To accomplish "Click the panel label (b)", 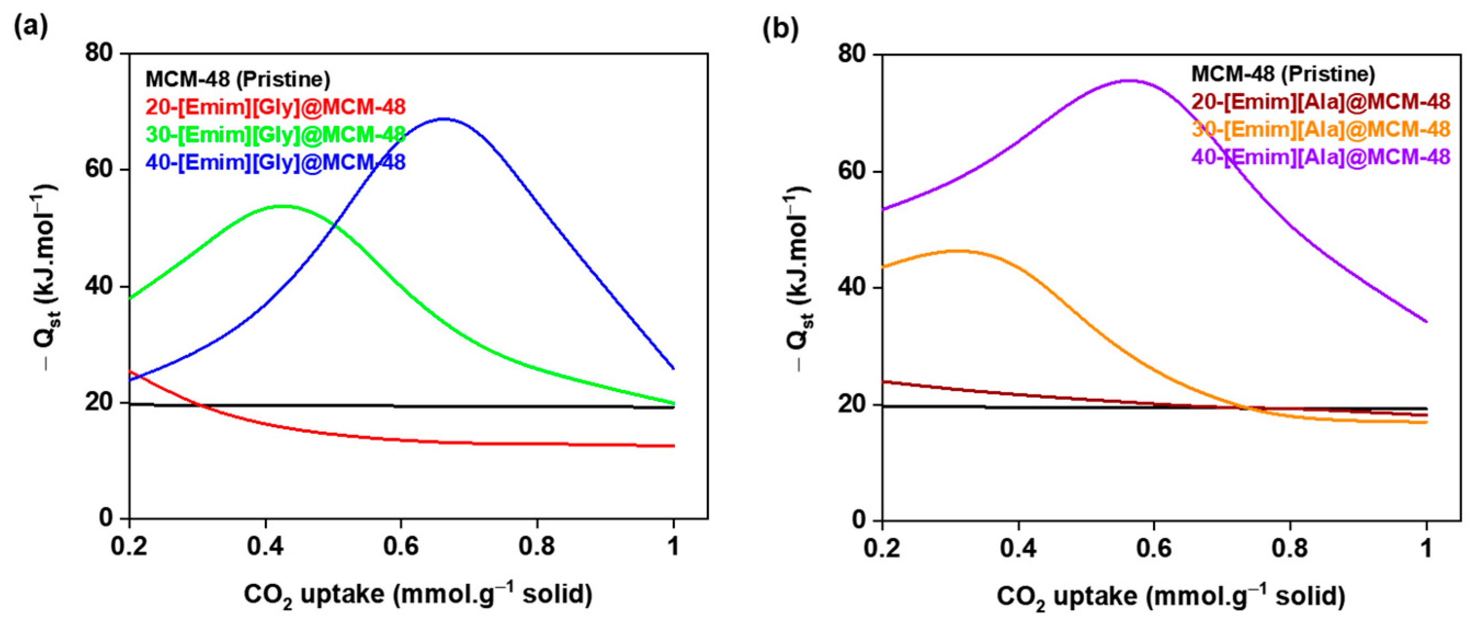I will click(x=780, y=29).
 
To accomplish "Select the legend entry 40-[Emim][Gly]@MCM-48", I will click(x=276, y=163).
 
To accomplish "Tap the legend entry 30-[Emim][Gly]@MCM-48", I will click(x=276, y=135).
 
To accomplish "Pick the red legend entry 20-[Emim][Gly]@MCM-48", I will click(x=276, y=107).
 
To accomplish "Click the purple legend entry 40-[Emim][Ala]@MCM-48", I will click(x=1321, y=157).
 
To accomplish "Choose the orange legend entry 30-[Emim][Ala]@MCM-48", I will click(x=1321, y=129).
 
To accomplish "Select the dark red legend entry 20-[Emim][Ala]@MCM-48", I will click(x=1321, y=102).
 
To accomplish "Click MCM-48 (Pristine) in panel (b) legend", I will click(x=1283, y=75).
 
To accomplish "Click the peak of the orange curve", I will click(x=958, y=251).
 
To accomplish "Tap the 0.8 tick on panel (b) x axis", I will click(x=1290, y=548).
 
